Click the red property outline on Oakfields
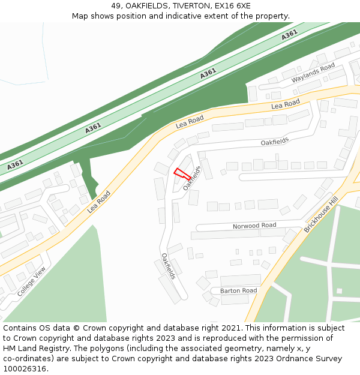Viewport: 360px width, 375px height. click(x=182, y=174)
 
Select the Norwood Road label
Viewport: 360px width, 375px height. click(x=254, y=226)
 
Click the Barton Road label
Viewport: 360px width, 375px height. click(x=238, y=291)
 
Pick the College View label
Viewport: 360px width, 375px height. click(x=31, y=281)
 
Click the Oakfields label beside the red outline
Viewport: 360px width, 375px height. click(x=191, y=178)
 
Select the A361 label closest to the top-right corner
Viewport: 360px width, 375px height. click(x=289, y=35)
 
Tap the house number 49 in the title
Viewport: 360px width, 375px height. click(x=116, y=6)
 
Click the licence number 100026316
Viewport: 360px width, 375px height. click(x=25, y=369)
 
